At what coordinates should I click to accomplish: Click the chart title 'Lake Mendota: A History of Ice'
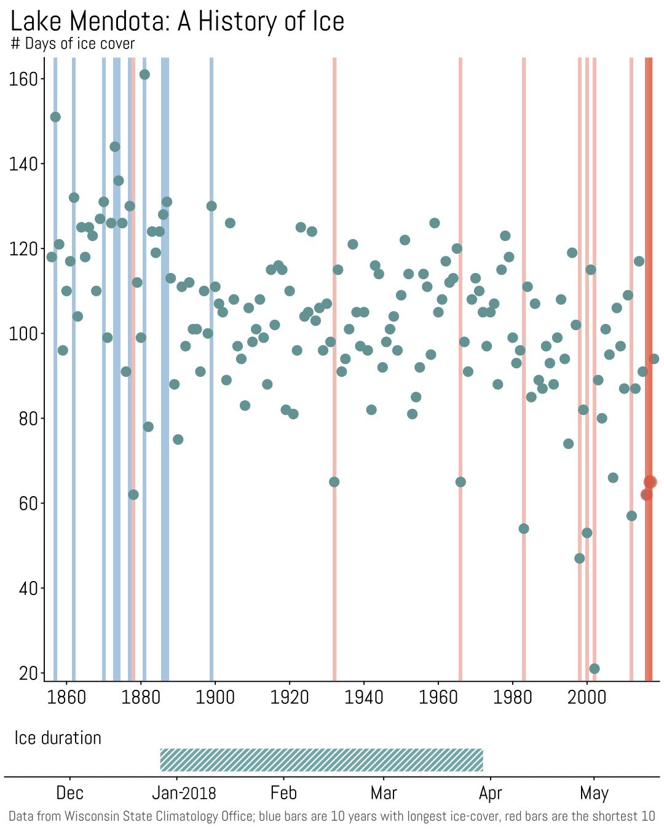(177, 22)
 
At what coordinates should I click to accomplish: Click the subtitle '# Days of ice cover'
(73, 44)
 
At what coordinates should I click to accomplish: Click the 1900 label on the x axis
(215, 697)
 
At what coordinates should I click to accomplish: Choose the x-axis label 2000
(587, 697)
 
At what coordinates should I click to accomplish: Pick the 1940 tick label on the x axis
(364, 697)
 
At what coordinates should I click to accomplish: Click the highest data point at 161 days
(144, 74)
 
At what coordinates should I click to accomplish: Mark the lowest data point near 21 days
(595, 669)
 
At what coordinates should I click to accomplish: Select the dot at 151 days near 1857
(55, 117)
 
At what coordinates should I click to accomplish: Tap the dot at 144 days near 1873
(115, 146)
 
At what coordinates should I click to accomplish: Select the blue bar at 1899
(211, 369)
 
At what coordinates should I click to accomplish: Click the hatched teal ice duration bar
(322, 760)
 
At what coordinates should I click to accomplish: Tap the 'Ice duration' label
(58, 738)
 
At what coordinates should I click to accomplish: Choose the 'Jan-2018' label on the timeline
(184, 793)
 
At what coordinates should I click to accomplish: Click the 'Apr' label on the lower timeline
(490, 793)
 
